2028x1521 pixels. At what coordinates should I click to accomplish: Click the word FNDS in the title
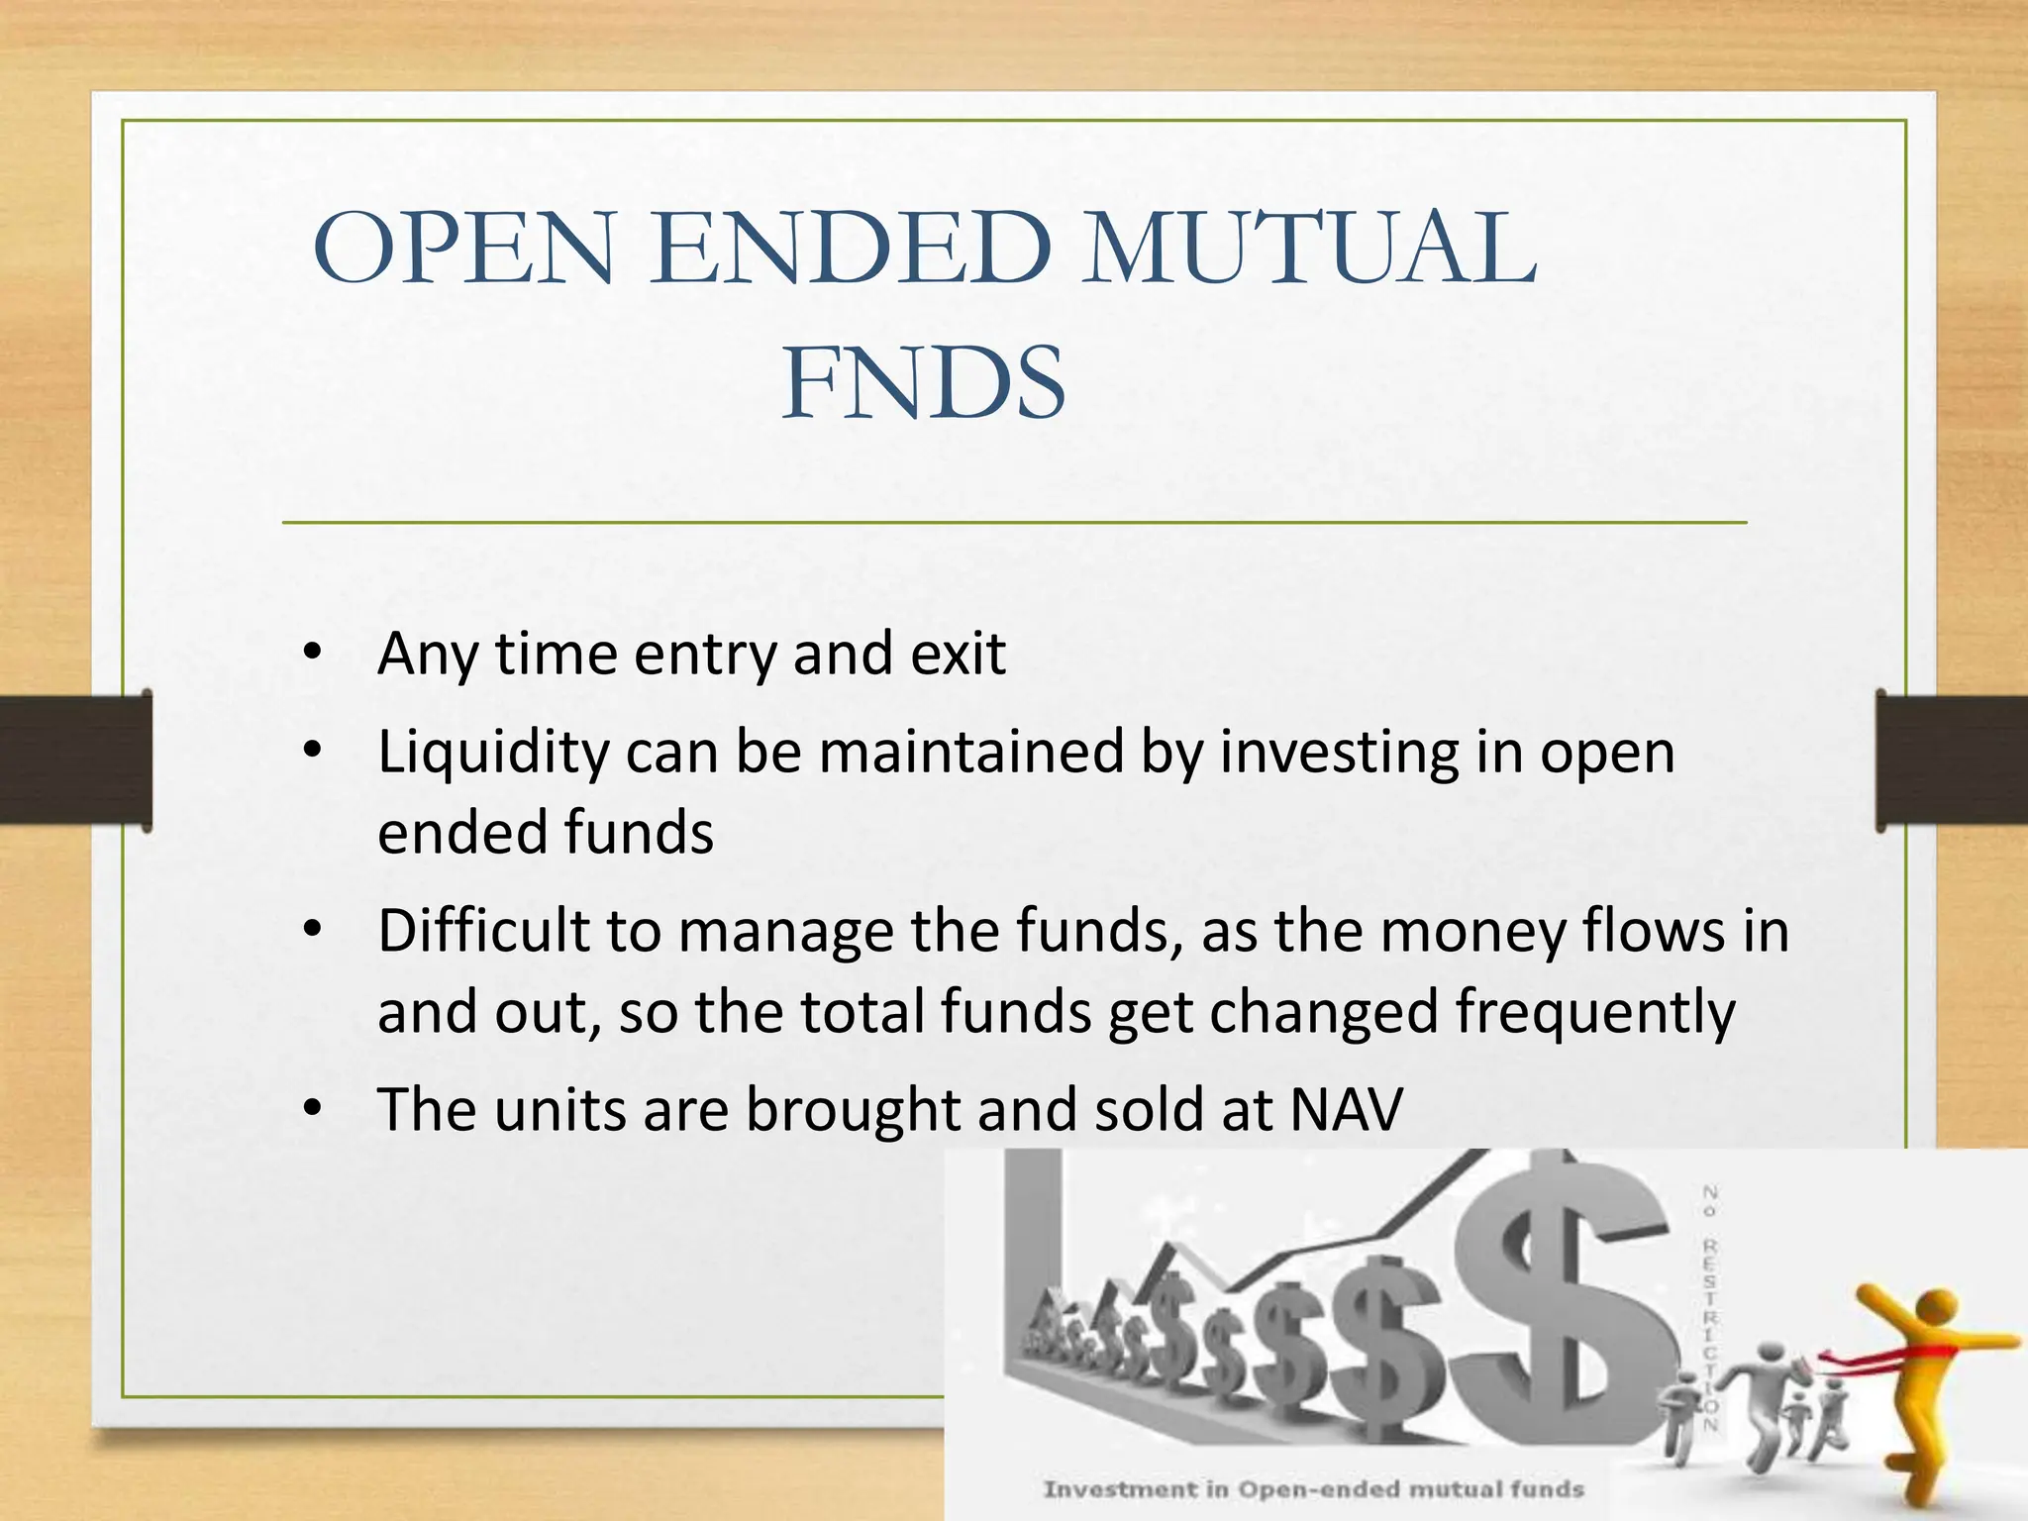pos(923,384)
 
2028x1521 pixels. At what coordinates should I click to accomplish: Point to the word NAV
pos(1347,1109)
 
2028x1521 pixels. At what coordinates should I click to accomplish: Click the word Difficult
pos(483,932)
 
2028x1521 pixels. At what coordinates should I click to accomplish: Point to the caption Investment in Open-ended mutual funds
pos(1313,1488)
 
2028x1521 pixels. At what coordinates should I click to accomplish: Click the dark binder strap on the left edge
pos(74,760)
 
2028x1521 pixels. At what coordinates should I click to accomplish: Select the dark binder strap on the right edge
pos(1951,760)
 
